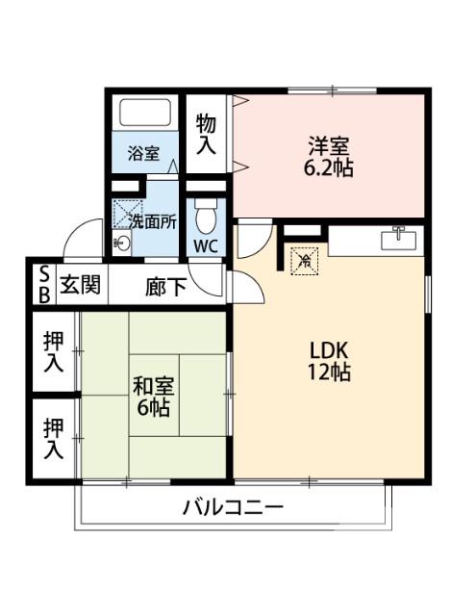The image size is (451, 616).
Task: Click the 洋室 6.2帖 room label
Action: click(x=329, y=156)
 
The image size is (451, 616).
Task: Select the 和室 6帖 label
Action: click(x=152, y=397)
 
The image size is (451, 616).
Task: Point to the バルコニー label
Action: click(x=233, y=508)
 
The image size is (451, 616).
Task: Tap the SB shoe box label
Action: click(x=44, y=285)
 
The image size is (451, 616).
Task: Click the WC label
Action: click(x=207, y=244)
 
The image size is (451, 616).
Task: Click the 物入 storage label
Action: click(x=206, y=134)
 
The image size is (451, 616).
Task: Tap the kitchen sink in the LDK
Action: click(x=398, y=238)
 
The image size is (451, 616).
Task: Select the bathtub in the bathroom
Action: click(x=143, y=116)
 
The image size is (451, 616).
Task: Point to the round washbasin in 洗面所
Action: click(x=121, y=244)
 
